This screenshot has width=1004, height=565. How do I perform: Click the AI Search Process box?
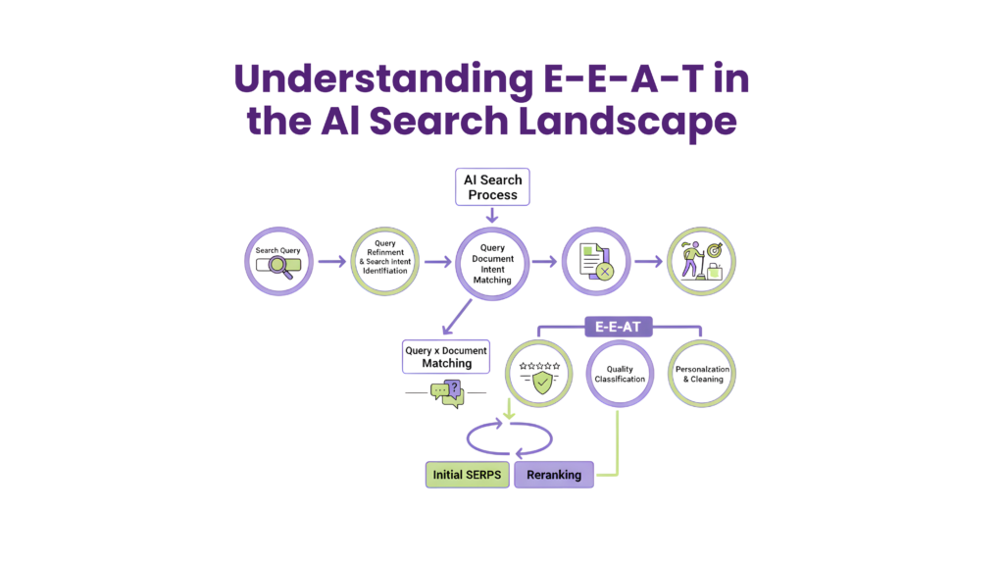click(492, 187)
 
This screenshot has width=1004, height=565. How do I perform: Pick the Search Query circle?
click(279, 261)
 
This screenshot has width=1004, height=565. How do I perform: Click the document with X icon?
click(594, 262)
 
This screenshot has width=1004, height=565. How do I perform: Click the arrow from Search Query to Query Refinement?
click(331, 262)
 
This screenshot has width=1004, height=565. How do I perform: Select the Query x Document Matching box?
click(446, 356)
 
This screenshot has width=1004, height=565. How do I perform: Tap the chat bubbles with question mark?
click(446, 393)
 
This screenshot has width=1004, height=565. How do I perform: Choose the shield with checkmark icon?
click(540, 378)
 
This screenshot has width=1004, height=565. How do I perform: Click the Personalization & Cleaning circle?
click(701, 373)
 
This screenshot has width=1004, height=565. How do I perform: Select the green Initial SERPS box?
click(467, 475)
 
